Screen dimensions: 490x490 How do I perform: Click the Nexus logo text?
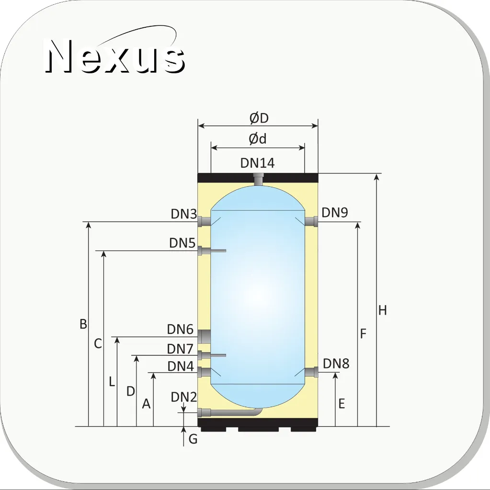click(x=114, y=56)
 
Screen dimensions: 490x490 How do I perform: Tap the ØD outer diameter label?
click(x=259, y=118)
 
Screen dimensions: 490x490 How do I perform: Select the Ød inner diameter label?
click(x=258, y=139)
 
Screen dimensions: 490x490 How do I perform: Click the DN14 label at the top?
click(x=258, y=163)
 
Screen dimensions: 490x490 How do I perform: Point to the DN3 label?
click(x=184, y=214)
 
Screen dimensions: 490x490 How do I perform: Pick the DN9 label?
click(x=335, y=213)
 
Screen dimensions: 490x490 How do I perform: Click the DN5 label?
click(x=182, y=243)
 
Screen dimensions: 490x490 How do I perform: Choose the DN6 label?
click(x=180, y=329)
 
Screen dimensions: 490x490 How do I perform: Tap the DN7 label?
click(x=180, y=349)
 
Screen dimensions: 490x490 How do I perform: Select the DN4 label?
click(x=181, y=366)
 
